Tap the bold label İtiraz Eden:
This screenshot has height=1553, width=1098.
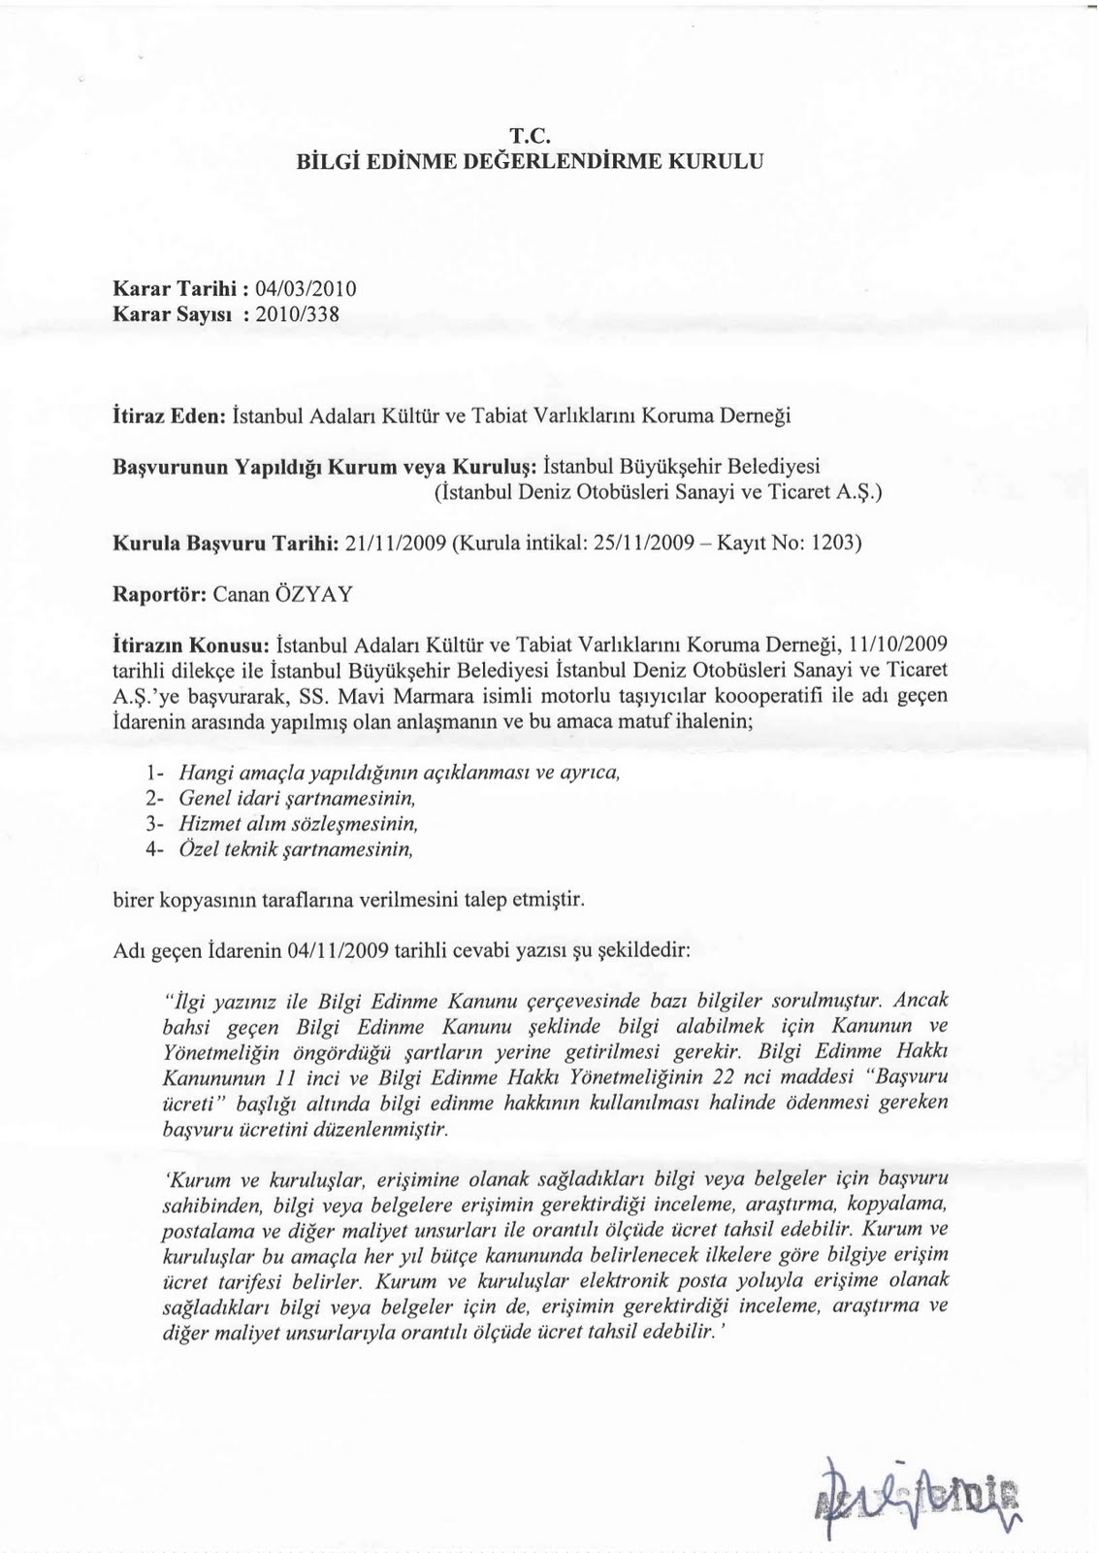coord(170,416)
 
